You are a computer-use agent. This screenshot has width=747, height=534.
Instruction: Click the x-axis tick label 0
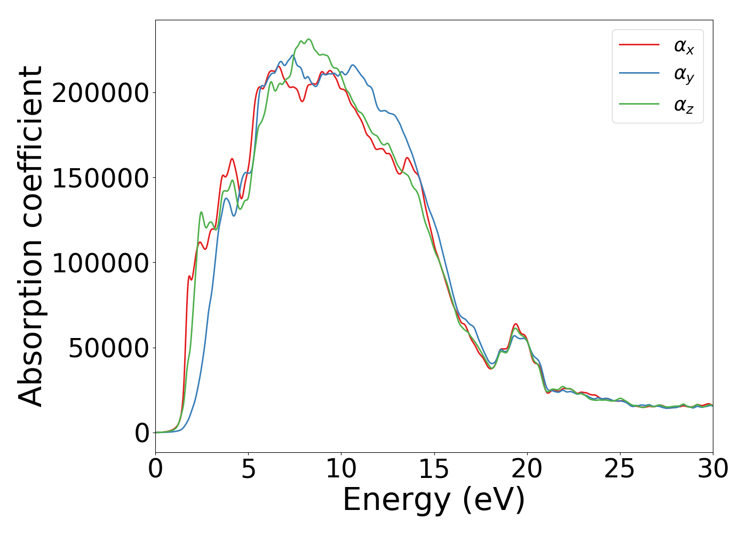[155, 469]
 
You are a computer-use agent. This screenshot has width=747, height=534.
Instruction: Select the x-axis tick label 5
[248, 469]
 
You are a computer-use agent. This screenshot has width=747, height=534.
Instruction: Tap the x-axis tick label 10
[341, 469]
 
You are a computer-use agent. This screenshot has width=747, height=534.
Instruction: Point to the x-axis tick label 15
[434, 469]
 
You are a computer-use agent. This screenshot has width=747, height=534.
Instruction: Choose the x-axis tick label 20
[527, 469]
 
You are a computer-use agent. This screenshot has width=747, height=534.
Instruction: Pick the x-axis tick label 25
[619, 469]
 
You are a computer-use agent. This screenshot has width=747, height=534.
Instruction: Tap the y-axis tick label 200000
[100, 93]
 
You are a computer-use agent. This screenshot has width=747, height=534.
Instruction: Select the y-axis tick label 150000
[100, 178]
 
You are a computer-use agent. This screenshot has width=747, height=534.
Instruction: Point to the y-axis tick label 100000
[100, 263]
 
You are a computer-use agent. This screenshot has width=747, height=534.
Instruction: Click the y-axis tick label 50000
[108, 348]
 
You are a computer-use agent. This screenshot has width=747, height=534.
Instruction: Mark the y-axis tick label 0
[142, 433]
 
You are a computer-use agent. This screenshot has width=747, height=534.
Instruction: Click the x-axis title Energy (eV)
[434, 500]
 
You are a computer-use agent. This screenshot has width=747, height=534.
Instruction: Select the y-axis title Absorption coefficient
[30, 236]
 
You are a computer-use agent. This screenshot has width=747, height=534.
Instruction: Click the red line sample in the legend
[639, 45]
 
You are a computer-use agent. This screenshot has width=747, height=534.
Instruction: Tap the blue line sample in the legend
[639, 75]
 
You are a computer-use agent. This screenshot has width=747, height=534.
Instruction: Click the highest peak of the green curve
[308, 39]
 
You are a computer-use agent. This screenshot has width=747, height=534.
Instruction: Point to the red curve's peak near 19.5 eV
[515, 324]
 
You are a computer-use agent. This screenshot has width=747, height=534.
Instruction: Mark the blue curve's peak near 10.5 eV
[353, 65]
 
